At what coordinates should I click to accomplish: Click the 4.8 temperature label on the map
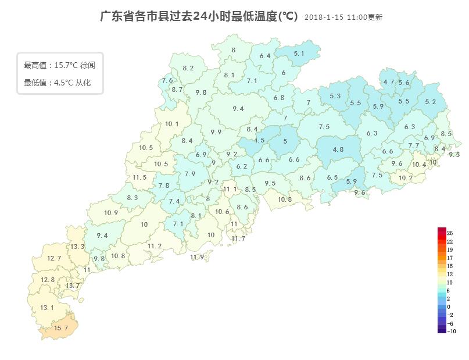click(338, 149)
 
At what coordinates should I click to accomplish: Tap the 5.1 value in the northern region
click(299, 54)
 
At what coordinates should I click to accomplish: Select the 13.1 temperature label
click(47, 308)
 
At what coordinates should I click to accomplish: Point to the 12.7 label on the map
click(54, 258)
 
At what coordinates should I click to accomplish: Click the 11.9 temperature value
click(197, 257)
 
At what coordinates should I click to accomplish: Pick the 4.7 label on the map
click(388, 82)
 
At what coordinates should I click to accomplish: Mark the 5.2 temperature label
click(430, 102)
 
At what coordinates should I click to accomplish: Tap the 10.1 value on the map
click(171, 124)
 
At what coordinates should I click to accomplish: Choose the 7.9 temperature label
click(189, 174)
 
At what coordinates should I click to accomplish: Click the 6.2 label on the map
click(242, 166)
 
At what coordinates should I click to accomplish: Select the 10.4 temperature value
click(418, 165)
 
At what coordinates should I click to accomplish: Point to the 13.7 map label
click(73, 286)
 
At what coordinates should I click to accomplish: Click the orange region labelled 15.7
click(61, 328)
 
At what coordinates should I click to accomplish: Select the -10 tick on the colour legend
click(451, 332)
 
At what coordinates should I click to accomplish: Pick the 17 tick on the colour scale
click(449, 258)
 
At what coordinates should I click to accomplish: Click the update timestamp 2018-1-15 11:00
click(343, 17)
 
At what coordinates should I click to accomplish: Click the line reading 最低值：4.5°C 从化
click(57, 83)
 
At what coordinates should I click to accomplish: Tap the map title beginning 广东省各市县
click(199, 16)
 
